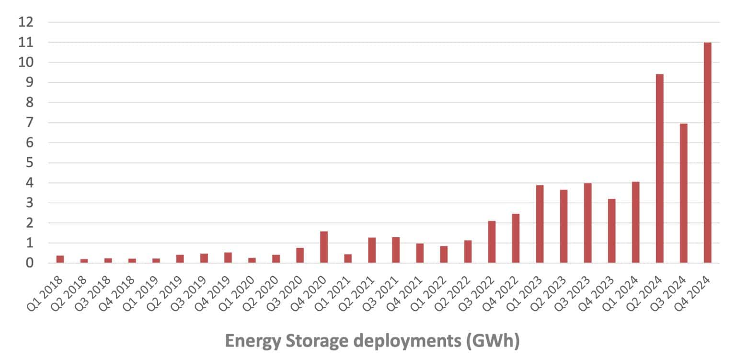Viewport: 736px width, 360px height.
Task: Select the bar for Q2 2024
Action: click(x=659, y=168)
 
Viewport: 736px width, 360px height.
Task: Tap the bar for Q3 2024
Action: click(x=683, y=193)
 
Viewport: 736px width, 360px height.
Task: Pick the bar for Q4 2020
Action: click(x=324, y=247)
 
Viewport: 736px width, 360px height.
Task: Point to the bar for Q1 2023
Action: click(x=540, y=224)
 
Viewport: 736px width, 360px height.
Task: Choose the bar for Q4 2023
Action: click(x=611, y=231)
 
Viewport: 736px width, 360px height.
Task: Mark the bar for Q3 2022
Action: click(x=492, y=242)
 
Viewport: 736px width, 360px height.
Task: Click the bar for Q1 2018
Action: click(x=60, y=259)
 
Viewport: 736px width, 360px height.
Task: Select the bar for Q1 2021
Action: click(x=348, y=258)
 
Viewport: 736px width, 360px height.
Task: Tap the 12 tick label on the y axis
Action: click(x=26, y=22)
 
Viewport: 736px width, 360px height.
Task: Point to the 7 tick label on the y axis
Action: click(x=30, y=123)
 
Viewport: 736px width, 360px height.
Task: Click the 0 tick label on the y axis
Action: click(x=30, y=263)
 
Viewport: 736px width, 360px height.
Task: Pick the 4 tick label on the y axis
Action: click(x=30, y=183)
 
